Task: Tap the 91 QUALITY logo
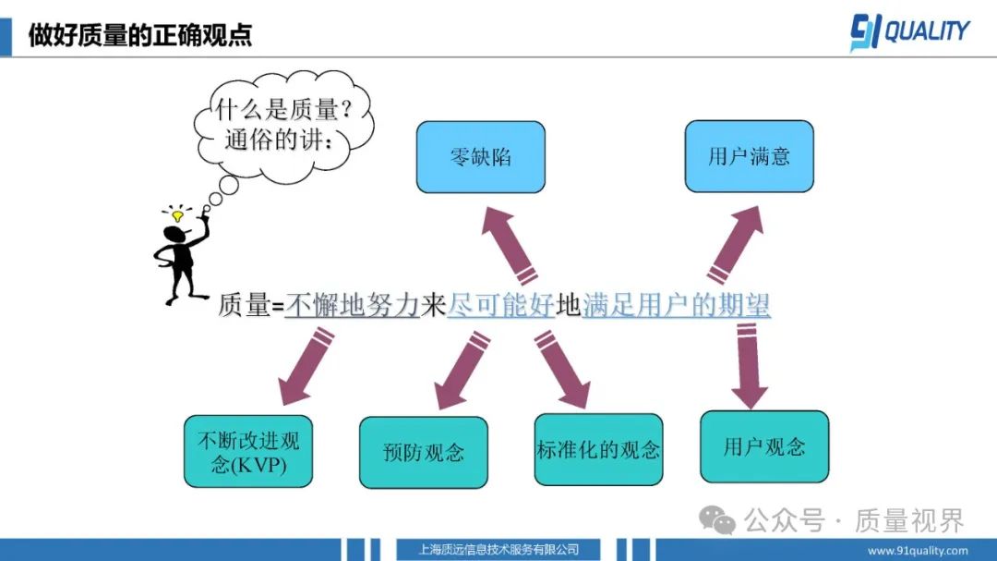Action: tap(909, 32)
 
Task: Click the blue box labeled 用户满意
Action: tap(749, 156)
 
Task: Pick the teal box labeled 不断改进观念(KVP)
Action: tap(248, 452)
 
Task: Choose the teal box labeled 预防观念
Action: tap(423, 453)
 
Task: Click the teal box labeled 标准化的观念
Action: tap(598, 450)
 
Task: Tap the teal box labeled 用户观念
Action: tap(764, 447)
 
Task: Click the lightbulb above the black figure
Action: tap(177, 216)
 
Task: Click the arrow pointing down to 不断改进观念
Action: tap(306, 369)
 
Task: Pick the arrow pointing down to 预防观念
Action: tap(462, 370)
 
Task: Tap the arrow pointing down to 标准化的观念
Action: tap(562, 369)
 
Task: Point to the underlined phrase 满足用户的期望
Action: tap(677, 305)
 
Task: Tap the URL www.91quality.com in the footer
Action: tap(919, 551)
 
